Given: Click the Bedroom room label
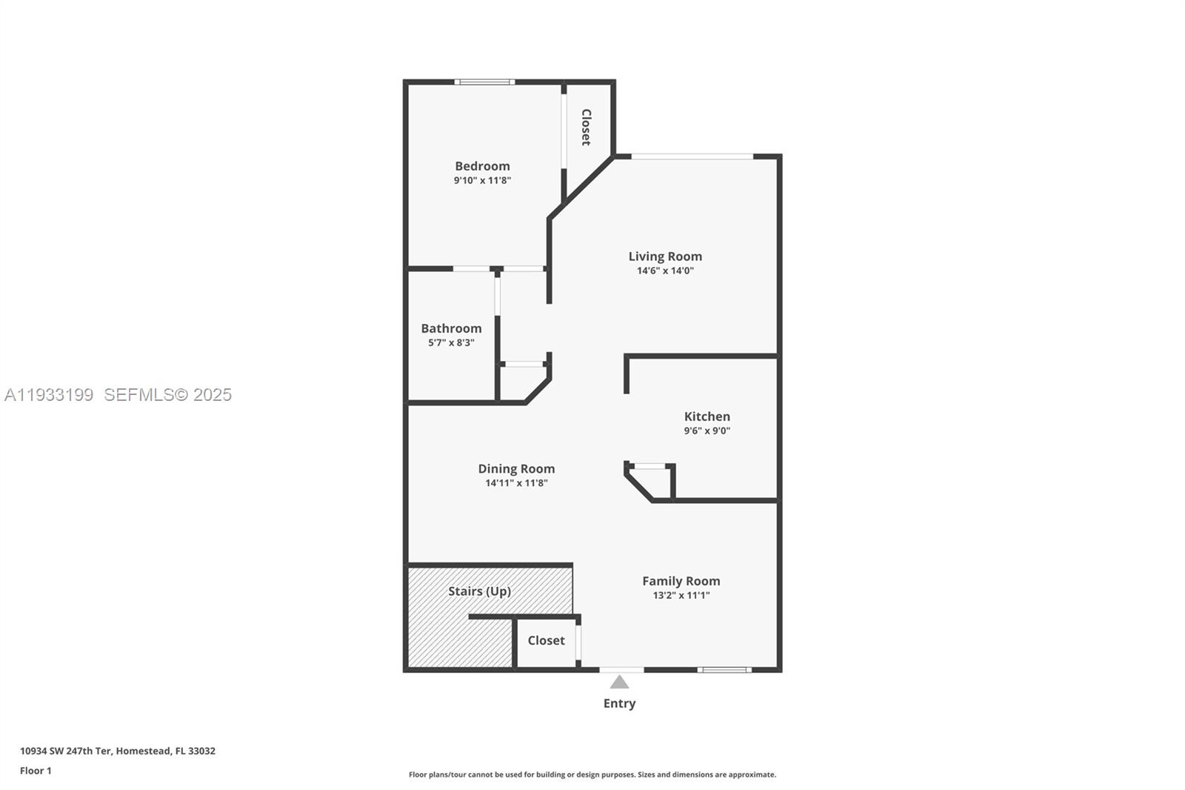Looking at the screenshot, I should [482, 166].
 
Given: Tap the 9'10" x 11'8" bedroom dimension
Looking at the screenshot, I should [482, 180].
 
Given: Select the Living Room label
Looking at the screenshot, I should [665, 256].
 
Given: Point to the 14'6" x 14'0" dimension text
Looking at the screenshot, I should [665, 270].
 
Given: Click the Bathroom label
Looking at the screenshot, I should [451, 328].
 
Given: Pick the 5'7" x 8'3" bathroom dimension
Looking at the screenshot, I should [451, 342].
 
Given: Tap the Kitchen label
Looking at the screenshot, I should [707, 416].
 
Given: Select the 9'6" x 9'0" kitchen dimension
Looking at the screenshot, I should [707, 431].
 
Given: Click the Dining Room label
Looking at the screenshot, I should [516, 468].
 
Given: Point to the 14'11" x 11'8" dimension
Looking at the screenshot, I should [516, 483].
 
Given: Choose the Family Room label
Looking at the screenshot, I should [681, 581].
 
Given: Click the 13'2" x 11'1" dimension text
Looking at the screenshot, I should [681, 595].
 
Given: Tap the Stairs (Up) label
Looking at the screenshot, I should [479, 591].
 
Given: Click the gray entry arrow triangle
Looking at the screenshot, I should [619, 683].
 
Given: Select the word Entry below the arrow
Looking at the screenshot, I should [619, 703].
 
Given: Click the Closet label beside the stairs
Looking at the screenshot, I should [546, 640].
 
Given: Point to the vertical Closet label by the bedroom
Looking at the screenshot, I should [586, 127].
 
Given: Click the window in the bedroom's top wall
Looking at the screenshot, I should [484, 82].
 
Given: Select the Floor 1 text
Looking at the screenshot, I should [36, 771].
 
